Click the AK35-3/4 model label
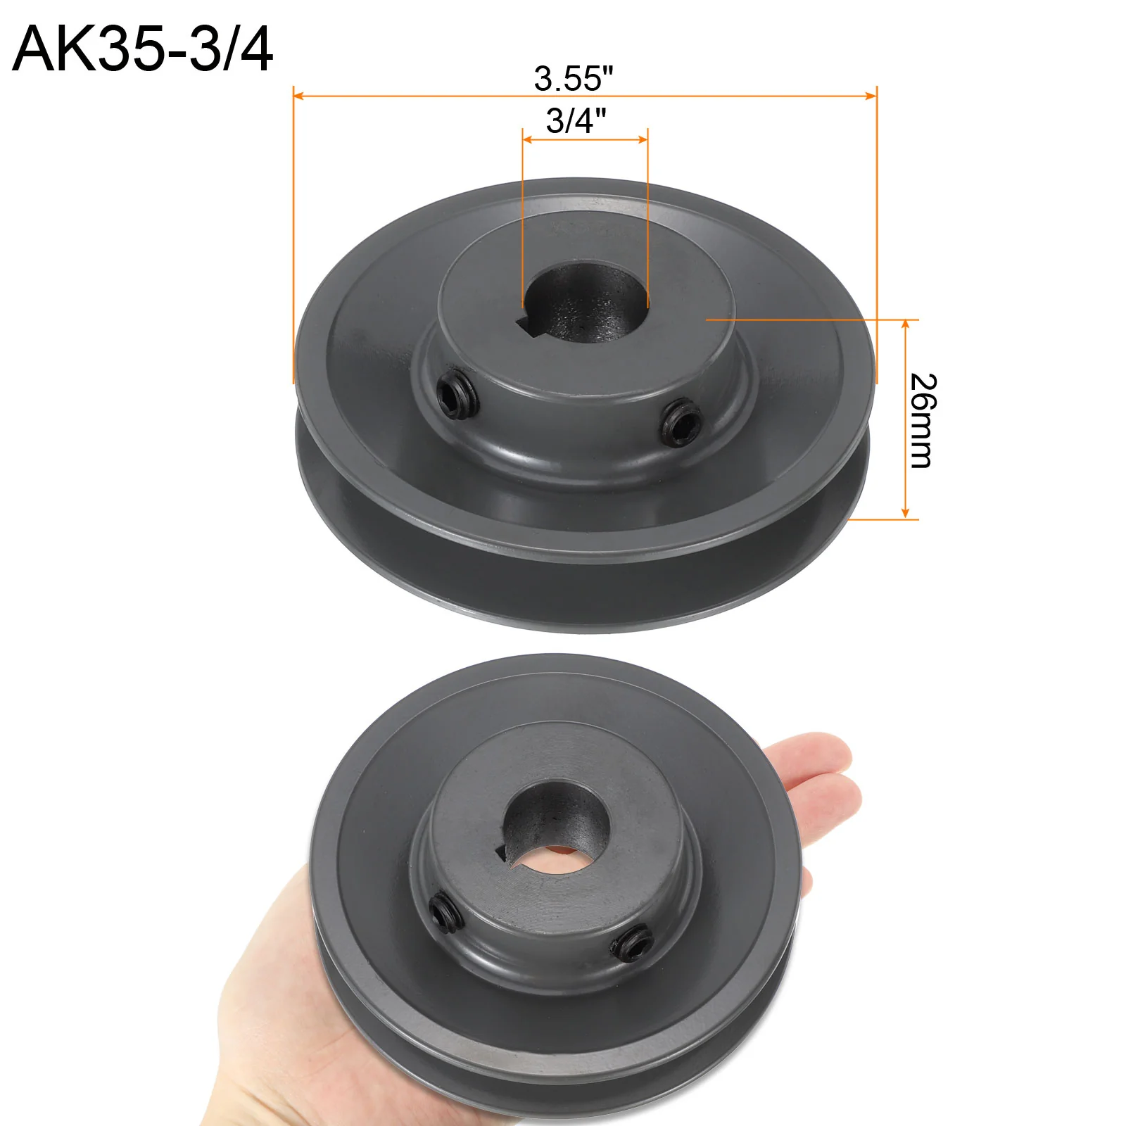pyautogui.click(x=143, y=49)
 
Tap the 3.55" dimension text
pyautogui.click(x=574, y=78)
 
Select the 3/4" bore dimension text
pyautogui.click(x=576, y=120)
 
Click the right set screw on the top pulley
pyautogui.click(x=681, y=421)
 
